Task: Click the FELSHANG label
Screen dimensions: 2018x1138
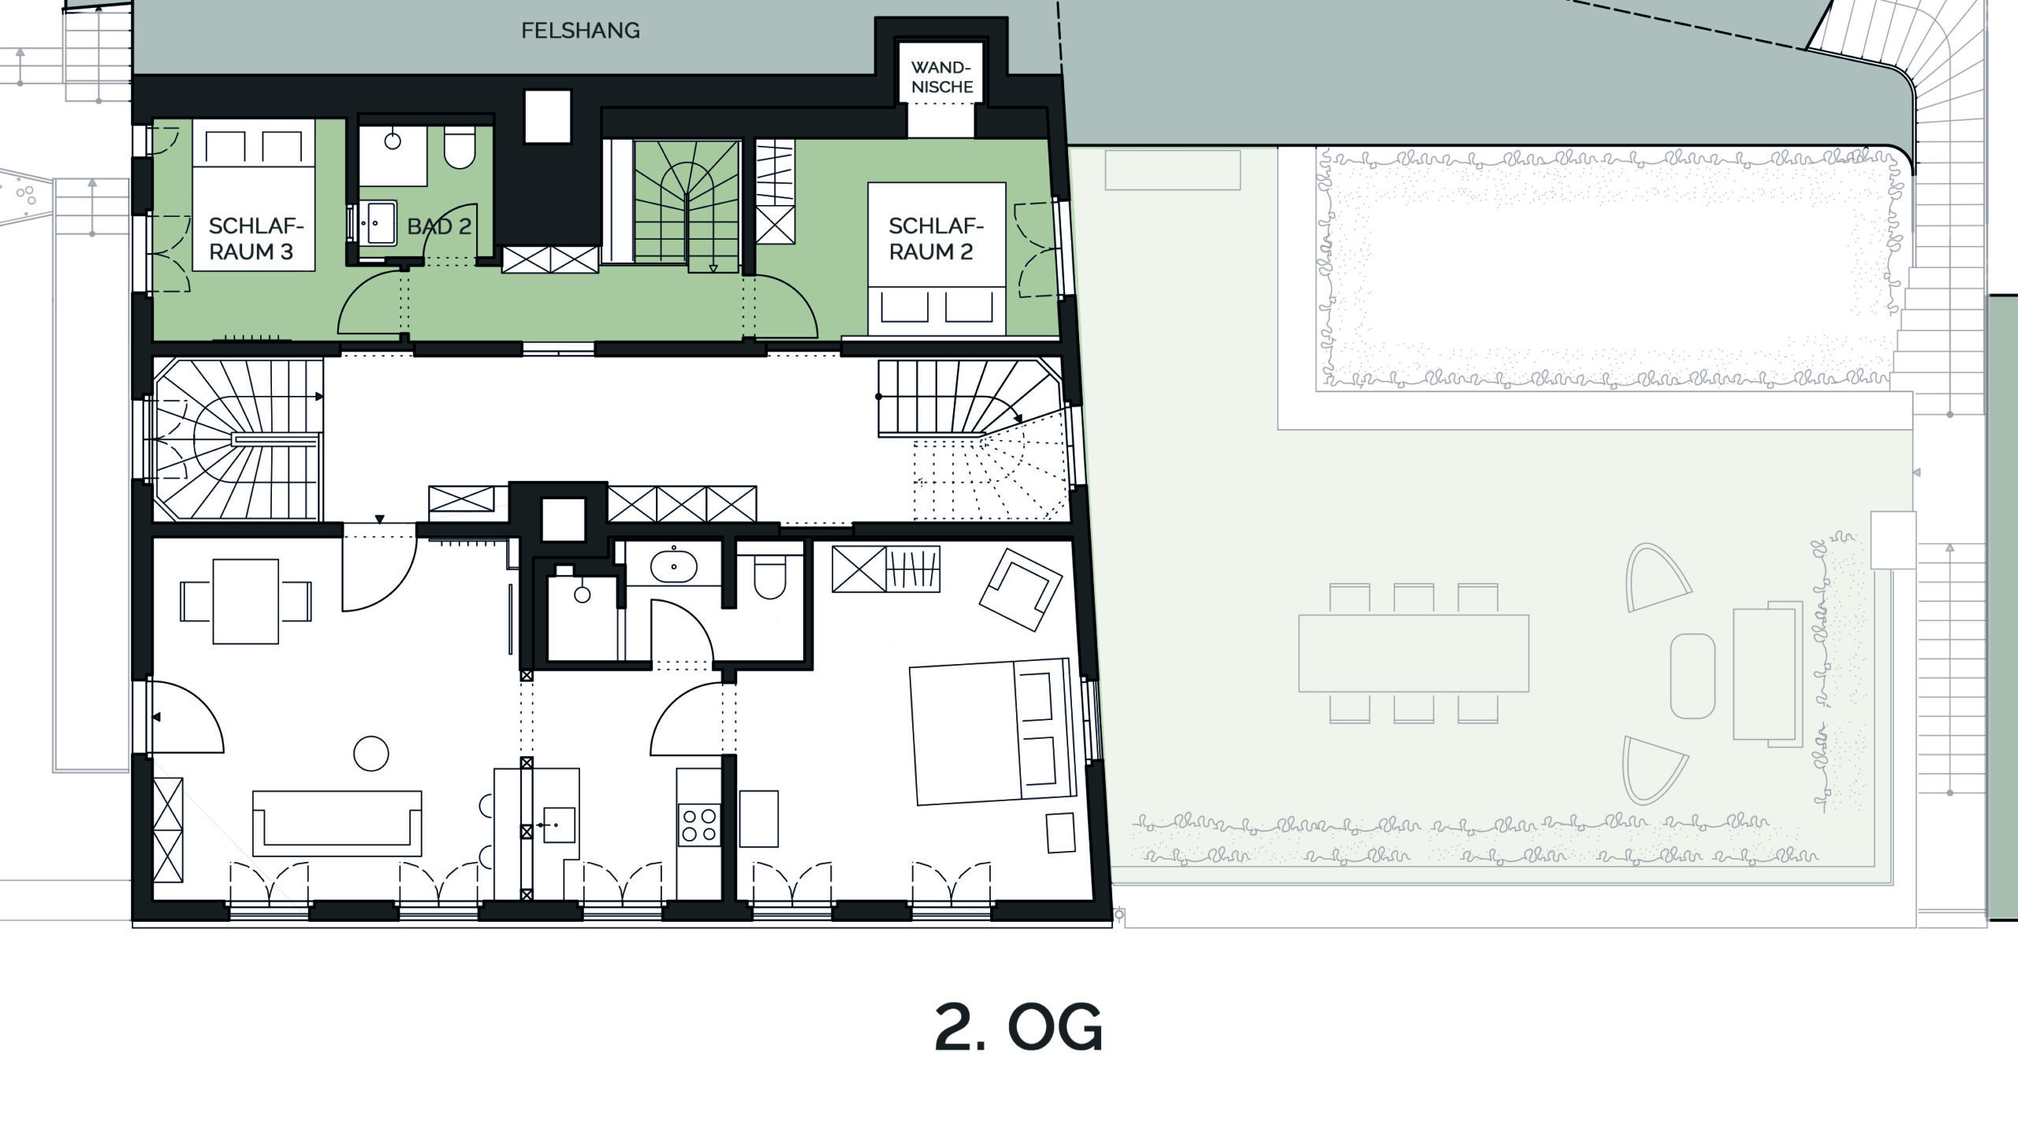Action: [580, 31]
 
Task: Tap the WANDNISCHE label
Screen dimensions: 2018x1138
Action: [942, 77]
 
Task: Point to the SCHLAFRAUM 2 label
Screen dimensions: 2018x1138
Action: [936, 239]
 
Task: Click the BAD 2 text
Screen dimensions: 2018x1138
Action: [439, 227]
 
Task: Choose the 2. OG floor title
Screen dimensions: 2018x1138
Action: [1018, 1027]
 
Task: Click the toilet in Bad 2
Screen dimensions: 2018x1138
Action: [460, 147]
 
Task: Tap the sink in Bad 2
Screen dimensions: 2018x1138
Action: [381, 223]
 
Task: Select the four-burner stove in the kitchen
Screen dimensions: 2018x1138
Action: [699, 824]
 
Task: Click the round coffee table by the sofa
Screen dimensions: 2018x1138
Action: [371, 753]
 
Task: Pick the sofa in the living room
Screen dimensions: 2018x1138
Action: [337, 823]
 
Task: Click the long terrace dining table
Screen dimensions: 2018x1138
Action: [1413, 653]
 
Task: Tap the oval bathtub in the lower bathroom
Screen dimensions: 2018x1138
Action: [673, 565]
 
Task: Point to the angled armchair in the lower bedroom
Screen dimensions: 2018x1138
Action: [1021, 589]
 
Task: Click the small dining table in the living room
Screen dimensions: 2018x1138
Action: [246, 601]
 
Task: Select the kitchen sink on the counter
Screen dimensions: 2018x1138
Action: [557, 825]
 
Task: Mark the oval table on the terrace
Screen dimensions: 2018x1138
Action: [1692, 676]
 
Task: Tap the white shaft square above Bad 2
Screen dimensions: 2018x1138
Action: [547, 117]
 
